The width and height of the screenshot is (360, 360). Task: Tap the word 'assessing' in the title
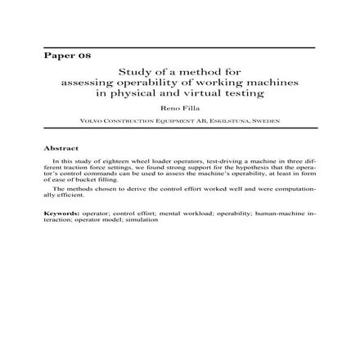point(88,83)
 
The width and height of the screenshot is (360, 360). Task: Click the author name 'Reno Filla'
point(179,107)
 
